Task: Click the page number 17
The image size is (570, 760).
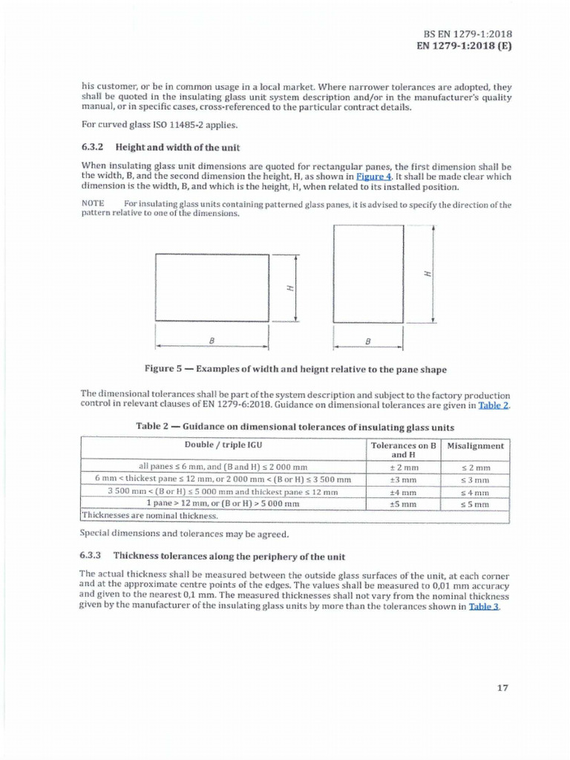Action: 502,687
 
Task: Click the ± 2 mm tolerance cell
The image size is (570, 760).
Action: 404,468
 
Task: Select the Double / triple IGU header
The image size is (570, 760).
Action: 223,445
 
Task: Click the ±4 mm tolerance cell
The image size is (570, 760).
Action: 404,492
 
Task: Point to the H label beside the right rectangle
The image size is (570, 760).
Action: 426,274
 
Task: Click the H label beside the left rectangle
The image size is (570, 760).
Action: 289,288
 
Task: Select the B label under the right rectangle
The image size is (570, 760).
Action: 368,342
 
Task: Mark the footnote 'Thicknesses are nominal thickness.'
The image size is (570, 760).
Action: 148,515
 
